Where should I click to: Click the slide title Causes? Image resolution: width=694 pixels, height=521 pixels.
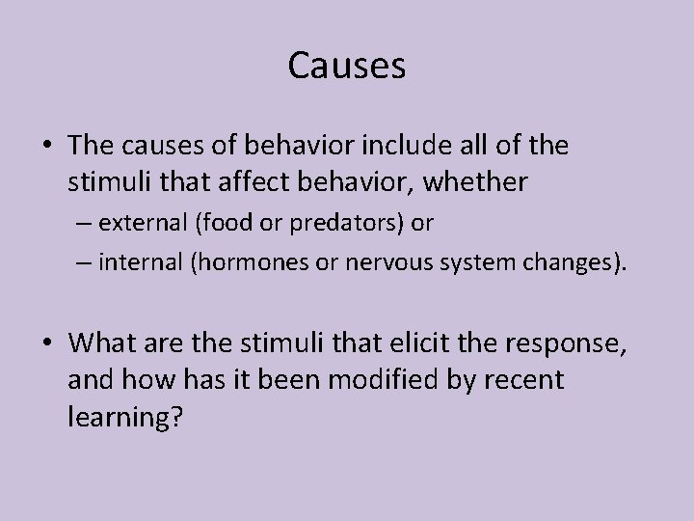(x=347, y=67)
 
